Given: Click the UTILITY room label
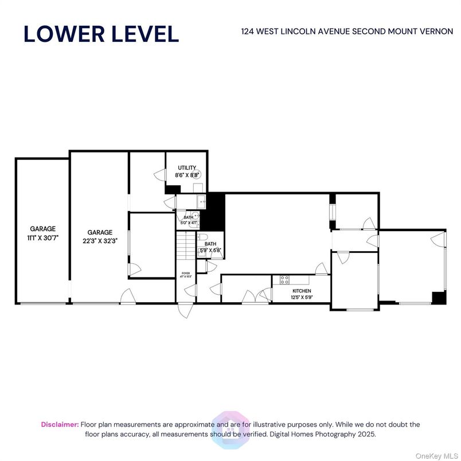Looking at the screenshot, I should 186,168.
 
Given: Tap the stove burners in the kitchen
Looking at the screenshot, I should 283,280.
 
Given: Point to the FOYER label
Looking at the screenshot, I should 185,274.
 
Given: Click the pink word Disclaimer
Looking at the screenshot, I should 60,424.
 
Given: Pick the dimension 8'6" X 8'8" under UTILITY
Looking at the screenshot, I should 186,174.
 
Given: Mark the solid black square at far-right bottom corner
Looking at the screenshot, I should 439,298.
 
